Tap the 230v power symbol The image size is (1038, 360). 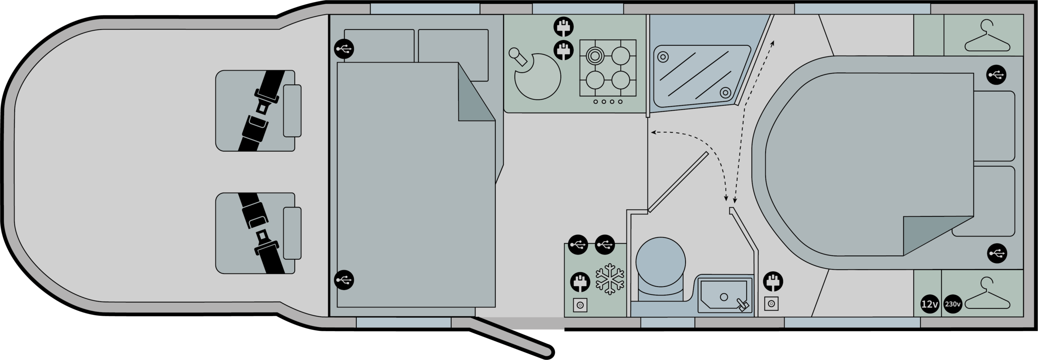pos(952,304)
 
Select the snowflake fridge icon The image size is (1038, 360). pos(610,279)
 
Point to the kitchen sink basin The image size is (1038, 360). pos(538,76)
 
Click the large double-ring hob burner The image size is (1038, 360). pos(594,56)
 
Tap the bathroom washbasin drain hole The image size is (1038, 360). pos(724,297)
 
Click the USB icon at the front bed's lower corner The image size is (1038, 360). pos(344,280)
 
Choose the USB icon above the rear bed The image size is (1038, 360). pos(996,75)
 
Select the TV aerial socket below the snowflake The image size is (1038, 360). pos(580,305)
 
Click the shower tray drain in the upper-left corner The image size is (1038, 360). pos(663,57)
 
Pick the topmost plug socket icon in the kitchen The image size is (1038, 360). pos(564,28)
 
